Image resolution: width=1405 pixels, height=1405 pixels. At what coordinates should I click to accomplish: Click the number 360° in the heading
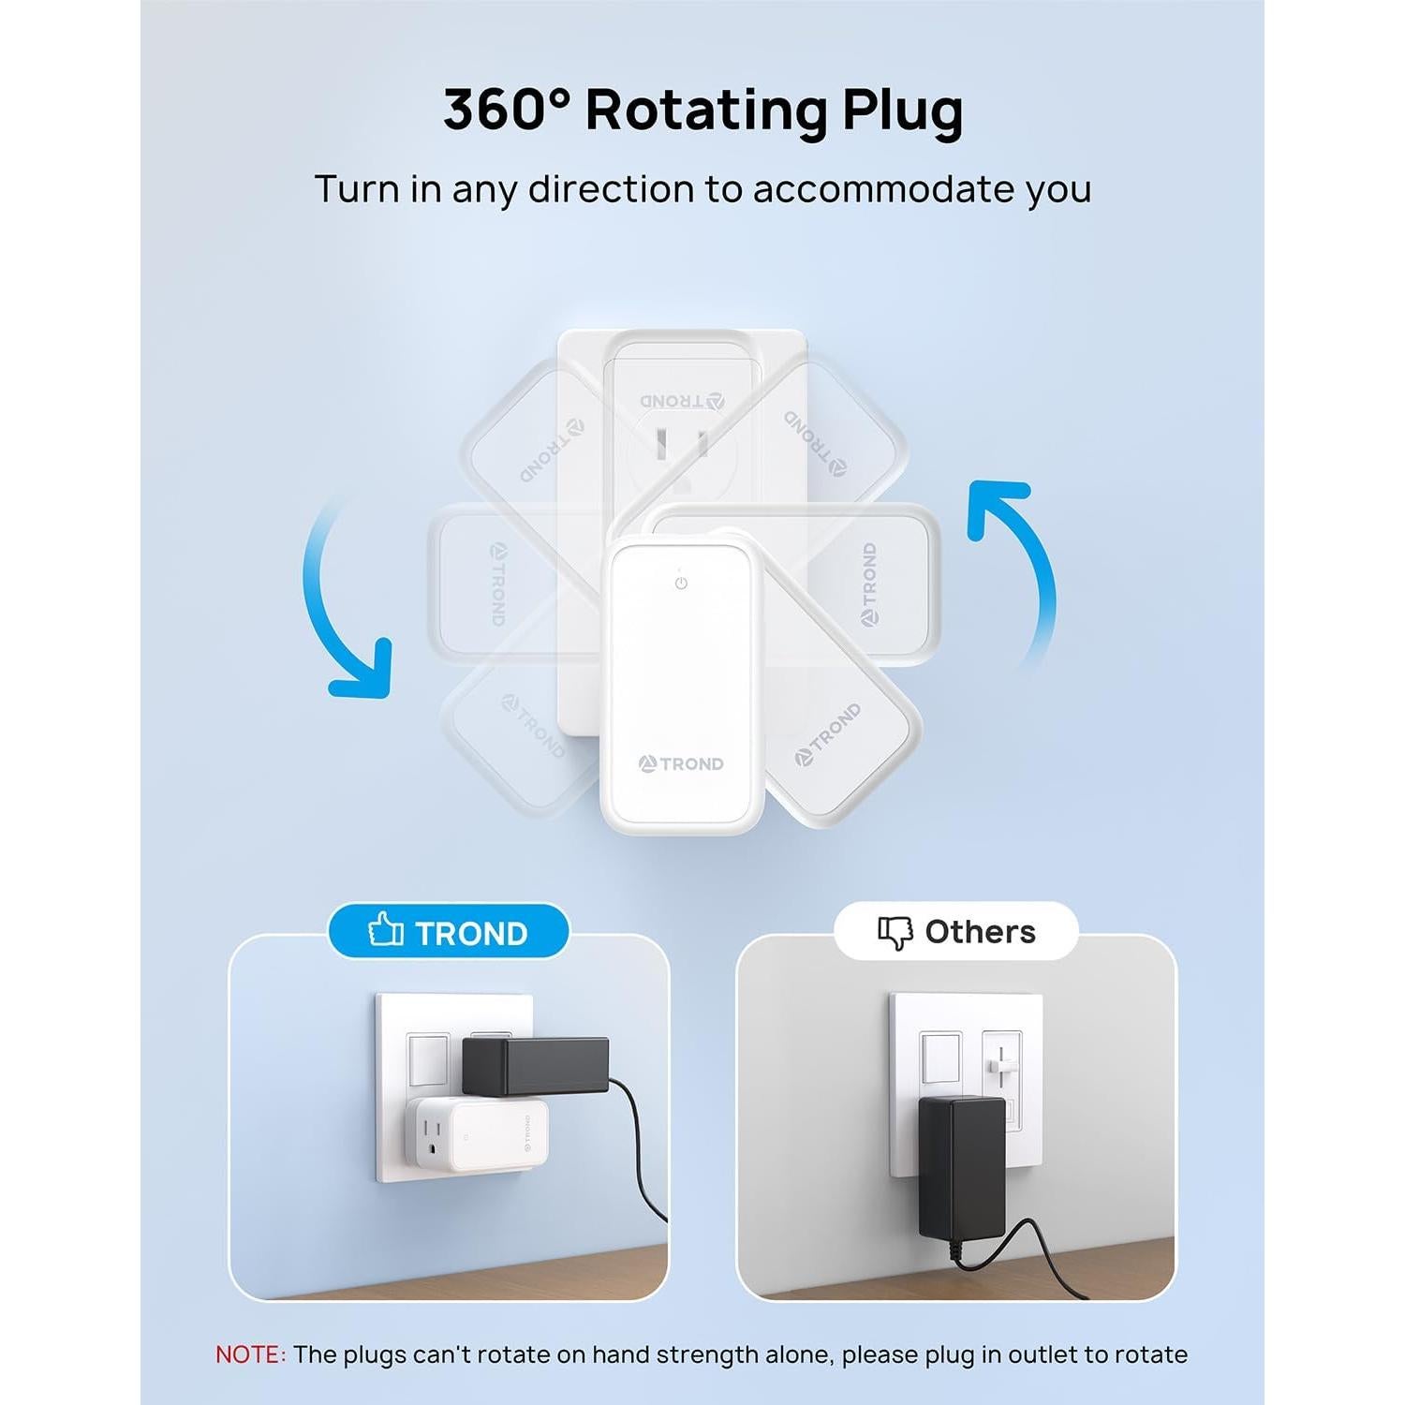pos(506,111)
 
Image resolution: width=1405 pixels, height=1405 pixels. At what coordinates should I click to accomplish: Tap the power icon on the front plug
pos(681,584)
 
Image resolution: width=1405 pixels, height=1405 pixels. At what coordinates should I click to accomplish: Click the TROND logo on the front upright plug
pos(681,764)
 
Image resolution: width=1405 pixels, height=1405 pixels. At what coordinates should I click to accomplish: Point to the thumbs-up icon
pos(385,930)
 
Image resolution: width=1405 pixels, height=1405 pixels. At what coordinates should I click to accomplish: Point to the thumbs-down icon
pos(895,932)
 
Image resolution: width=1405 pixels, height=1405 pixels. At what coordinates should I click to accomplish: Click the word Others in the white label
pos(980,932)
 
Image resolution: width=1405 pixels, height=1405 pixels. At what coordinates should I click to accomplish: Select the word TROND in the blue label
pos(471,934)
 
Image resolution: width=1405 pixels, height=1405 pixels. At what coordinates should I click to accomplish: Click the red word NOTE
pos(249,1354)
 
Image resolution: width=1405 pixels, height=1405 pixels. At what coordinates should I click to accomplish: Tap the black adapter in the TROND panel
pos(535,1066)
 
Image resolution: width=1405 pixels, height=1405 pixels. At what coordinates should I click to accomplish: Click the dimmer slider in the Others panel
pos(1001,1067)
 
